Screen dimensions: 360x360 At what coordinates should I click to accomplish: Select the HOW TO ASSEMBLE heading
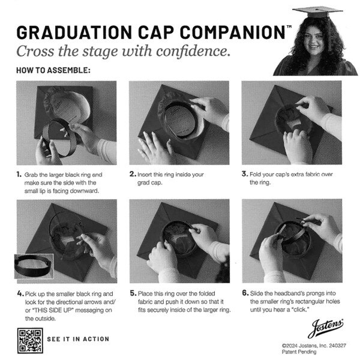tap(53, 70)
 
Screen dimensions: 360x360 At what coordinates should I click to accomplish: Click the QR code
tap(28, 340)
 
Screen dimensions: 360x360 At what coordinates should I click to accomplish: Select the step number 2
tap(132, 175)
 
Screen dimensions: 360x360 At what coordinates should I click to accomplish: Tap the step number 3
tap(244, 174)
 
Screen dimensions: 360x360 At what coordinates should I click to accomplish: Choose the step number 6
tap(244, 293)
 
